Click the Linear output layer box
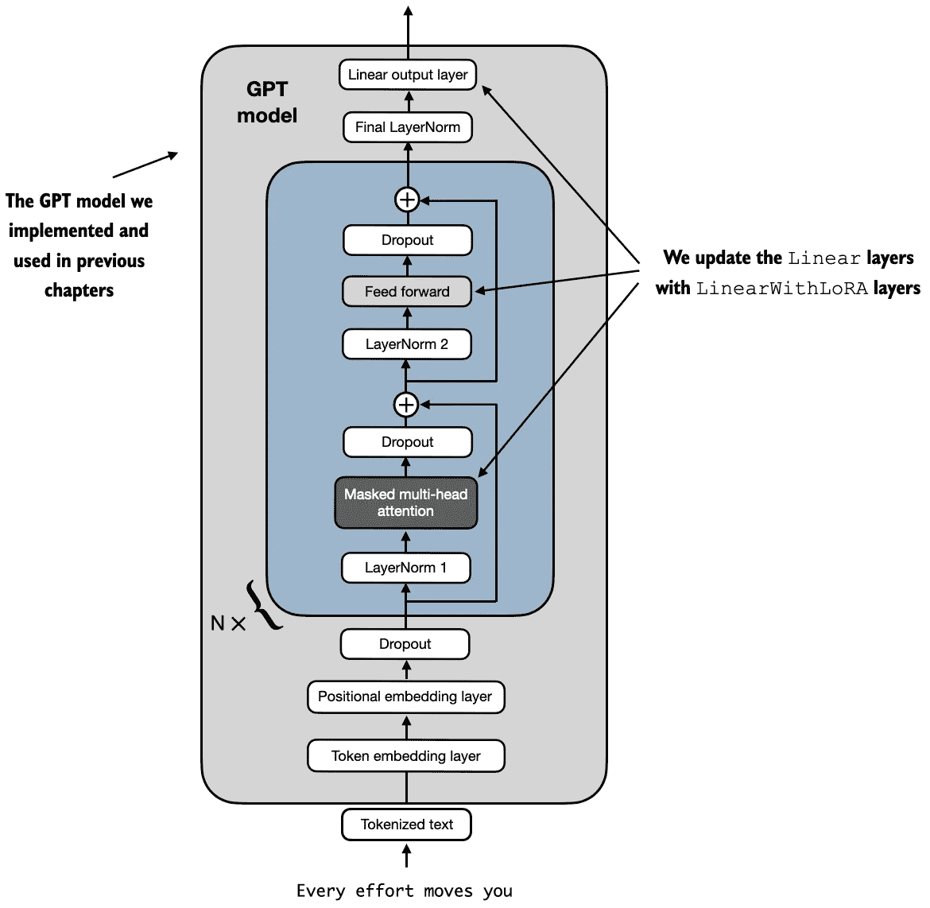(x=408, y=75)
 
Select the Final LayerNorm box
(x=408, y=127)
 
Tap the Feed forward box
(x=407, y=291)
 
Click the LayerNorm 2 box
(x=407, y=344)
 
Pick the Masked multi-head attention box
(x=406, y=503)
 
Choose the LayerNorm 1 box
(x=405, y=568)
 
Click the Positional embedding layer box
(x=405, y=697)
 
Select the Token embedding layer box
(x=405, y=755)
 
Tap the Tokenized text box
(x=406, y=825)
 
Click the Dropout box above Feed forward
(x=408, y=240)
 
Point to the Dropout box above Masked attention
(x=408, y=442)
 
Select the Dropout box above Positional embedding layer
(x=405, y=644)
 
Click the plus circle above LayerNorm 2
(x=406, y=405)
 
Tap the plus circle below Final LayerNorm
(x=408, y=200)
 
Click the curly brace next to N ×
(x=263, y=605)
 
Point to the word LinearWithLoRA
(x=781, y=289)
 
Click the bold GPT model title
(x=267, y=102)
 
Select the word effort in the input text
(x=385, y=891)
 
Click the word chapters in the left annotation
(x=79, y=291)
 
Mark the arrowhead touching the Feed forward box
(x=481, y=290)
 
